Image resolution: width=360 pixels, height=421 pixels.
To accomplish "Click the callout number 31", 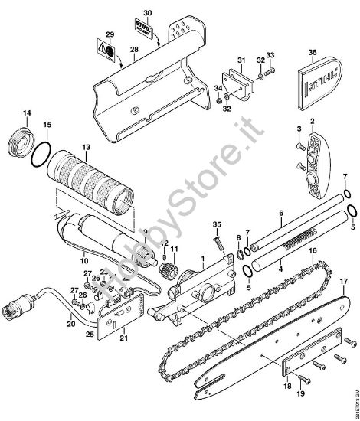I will click(240, 60).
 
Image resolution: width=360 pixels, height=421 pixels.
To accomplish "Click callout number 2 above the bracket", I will click(312, 122).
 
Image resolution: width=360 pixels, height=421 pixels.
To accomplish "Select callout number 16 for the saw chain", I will click(313, 250).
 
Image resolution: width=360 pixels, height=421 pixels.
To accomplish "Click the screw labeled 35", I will click(218, 243).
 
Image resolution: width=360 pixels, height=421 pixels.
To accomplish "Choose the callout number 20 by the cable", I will click(71, 324).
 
